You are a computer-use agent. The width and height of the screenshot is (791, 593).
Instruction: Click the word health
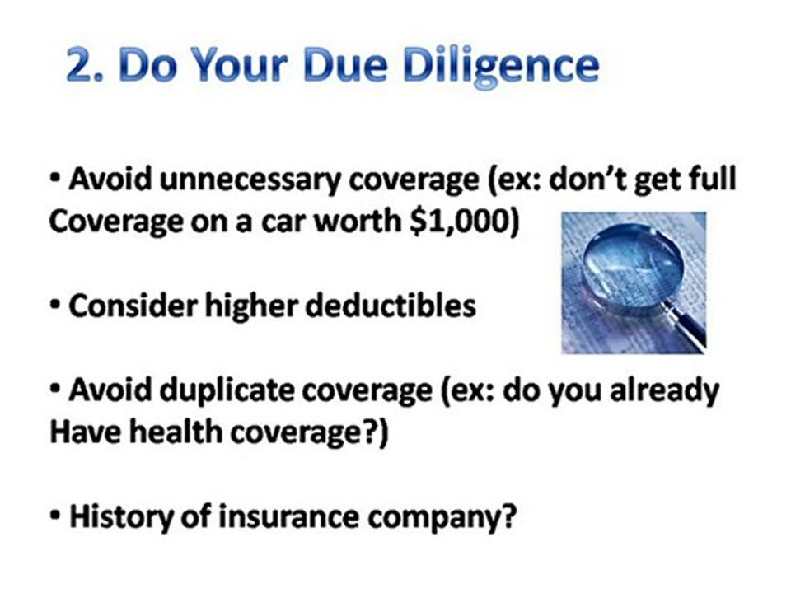click(180, 432)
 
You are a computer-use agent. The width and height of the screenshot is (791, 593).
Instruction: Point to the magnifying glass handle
click(688, 326)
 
